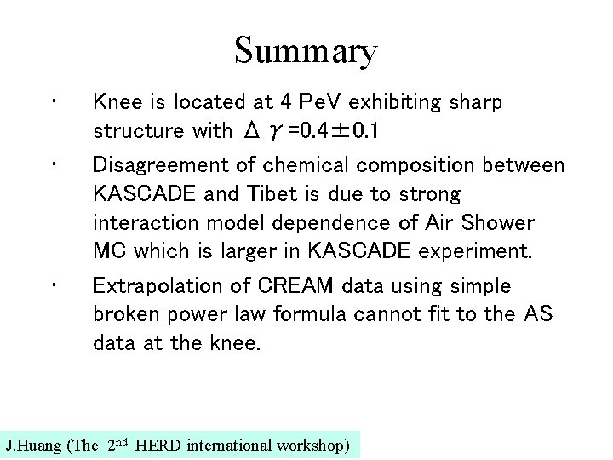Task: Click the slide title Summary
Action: (306, 51)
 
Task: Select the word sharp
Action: (473, 102)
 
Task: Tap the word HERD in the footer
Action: (156, 446)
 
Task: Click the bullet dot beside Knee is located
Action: (54, 102)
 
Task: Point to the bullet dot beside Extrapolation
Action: (54, 285)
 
